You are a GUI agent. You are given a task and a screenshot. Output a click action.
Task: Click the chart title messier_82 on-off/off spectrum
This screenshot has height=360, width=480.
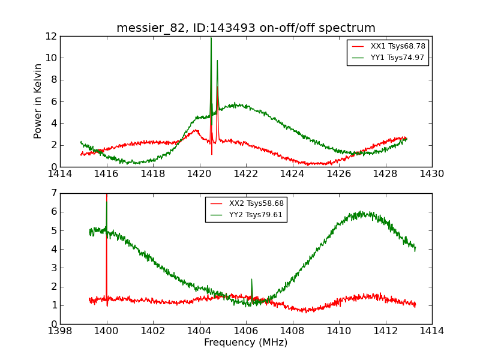(x=246, y=28)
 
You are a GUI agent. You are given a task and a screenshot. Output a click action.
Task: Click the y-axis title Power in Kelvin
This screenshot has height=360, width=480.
(x=38, y=101)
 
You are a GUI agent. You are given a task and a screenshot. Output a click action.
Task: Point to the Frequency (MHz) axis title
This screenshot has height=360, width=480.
(x=246, y=343)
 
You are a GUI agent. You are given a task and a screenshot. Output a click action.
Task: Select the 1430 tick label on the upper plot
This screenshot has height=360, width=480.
(x=431, y=174)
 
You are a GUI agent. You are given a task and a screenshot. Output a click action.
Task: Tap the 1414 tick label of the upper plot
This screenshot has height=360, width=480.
(x=60, y=174)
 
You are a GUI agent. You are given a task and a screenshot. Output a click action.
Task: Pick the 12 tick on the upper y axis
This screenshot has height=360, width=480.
(x=50, y=36)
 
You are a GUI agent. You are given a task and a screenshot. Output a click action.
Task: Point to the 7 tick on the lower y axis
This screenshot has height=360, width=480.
(x=53, y=193)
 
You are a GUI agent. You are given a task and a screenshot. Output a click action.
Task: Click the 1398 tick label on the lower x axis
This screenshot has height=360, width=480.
(x=60, y=331)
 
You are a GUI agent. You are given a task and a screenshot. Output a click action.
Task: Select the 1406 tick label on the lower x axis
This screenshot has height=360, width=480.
(x=246, y=331)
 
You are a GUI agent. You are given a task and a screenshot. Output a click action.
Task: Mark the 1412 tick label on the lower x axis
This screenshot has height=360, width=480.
(x=385, y=331)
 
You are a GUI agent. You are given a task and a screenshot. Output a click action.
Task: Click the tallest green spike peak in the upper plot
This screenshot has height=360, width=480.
(x=211, y=38)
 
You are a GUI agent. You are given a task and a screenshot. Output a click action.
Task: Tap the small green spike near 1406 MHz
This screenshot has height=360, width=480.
(x=251, y=280)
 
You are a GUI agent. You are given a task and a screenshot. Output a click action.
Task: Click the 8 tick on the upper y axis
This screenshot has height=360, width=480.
(x=53, y=80)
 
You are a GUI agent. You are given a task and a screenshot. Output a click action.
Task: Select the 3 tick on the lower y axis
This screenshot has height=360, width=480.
(x=53, y=268)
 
